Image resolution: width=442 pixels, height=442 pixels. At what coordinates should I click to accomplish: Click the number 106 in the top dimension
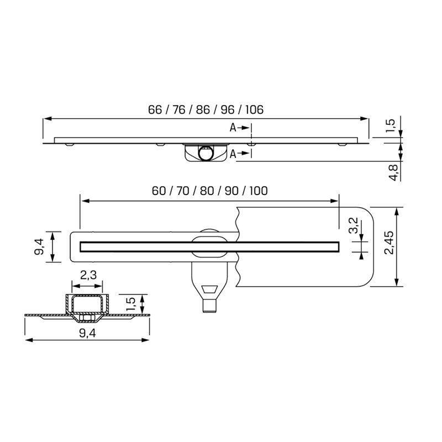point(254,109)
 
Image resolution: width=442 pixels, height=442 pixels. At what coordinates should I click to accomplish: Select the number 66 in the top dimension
point(155,109)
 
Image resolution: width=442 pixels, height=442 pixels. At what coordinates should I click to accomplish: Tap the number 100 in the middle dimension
point(258,191)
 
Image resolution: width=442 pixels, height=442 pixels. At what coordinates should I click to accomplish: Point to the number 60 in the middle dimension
point(159,191)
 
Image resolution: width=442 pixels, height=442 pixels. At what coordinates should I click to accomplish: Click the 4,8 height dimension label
point(393,172)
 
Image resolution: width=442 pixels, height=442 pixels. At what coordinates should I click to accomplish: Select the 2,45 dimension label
point(390,243)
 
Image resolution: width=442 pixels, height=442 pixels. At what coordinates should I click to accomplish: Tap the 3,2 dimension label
point(354,225)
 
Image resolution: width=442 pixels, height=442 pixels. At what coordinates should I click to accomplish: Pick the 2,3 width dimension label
point(88,275)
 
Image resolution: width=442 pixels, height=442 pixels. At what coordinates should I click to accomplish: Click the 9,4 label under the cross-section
point(87,333)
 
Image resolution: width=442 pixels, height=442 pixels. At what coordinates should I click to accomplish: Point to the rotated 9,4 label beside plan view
point(39,246)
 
